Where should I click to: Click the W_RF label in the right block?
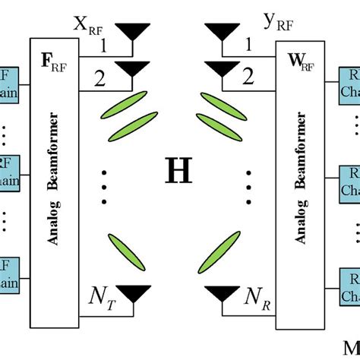(297, 56)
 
